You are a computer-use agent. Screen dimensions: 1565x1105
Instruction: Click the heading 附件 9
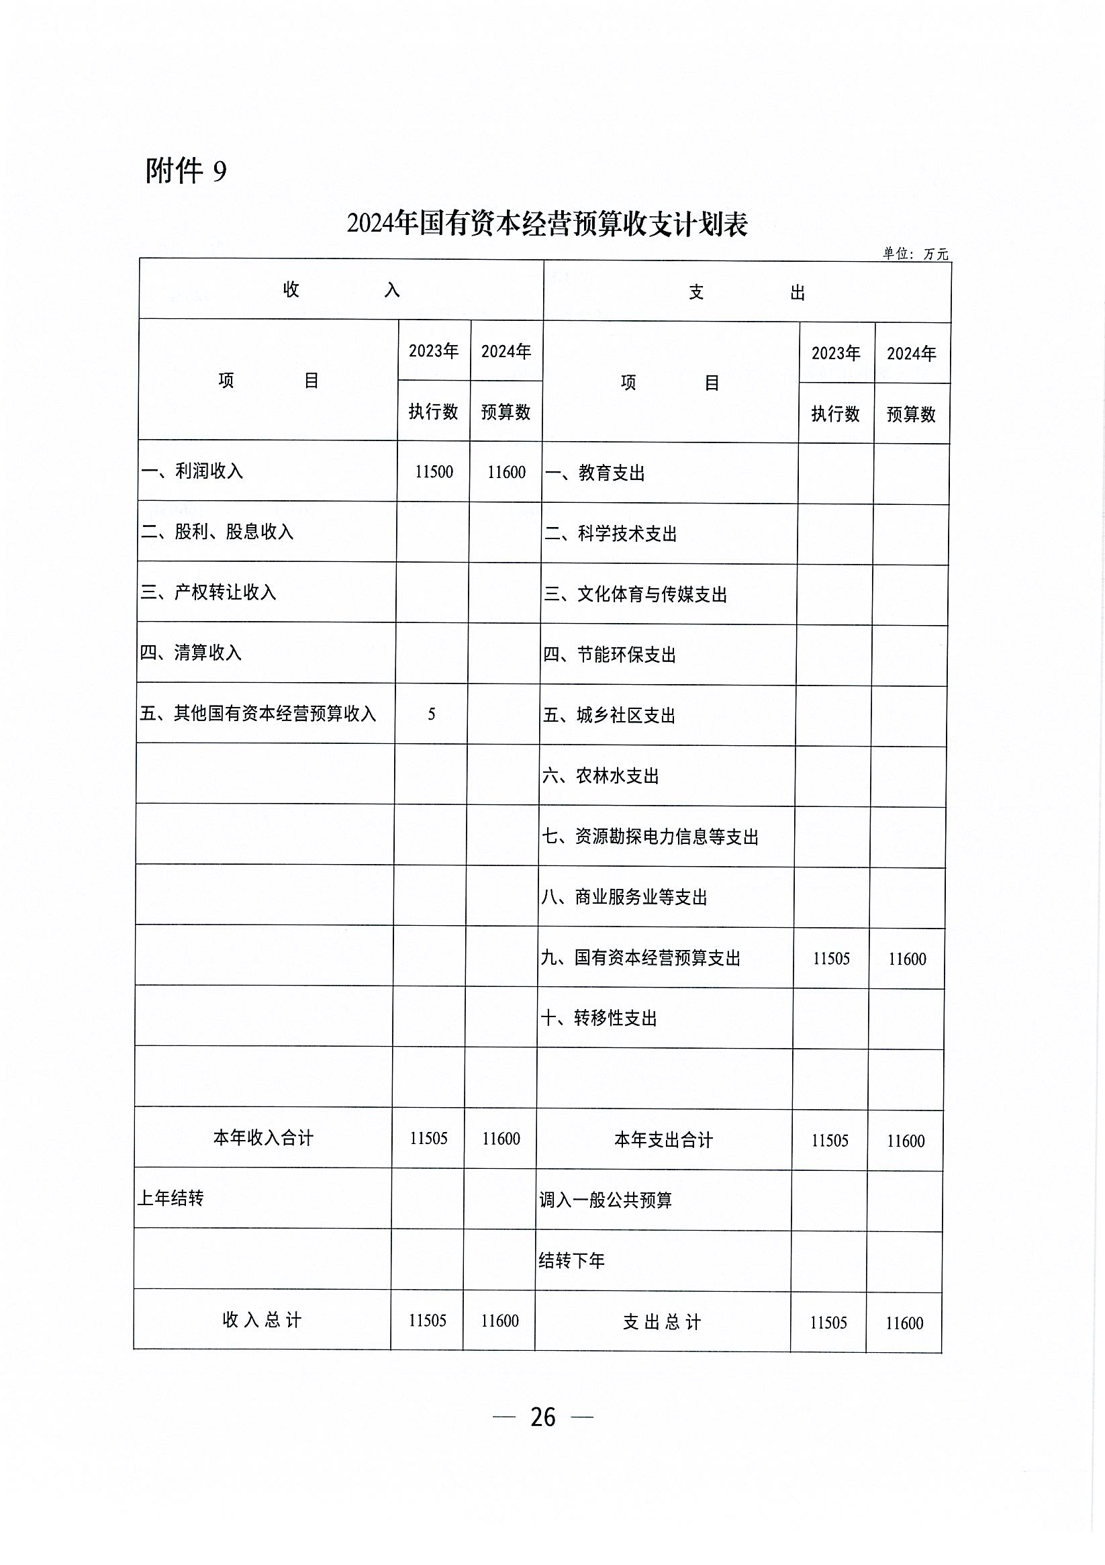click(185, 171)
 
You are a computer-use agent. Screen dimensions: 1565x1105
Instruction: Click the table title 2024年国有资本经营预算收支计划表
click(546, 224)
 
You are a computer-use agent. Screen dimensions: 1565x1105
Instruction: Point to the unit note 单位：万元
click(915, 254)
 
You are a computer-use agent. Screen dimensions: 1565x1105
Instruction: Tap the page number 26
click(542, 1417)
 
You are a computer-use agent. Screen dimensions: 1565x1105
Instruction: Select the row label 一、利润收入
click(192, 471)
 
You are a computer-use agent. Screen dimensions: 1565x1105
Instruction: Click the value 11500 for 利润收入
click(434, 472)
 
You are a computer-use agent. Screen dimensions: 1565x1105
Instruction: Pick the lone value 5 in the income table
click(432, 714)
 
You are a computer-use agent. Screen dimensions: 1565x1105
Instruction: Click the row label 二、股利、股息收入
click(217, 532)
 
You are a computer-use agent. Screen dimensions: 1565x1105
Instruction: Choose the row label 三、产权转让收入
click(208, 592)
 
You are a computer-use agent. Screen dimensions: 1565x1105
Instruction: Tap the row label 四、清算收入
click(191, 653)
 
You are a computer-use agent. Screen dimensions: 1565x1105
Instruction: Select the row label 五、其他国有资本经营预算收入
click(258, 714)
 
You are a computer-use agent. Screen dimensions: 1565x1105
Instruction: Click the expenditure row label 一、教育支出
click(594, 473)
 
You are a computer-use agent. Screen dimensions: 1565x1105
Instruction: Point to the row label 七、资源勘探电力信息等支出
click(650, 837)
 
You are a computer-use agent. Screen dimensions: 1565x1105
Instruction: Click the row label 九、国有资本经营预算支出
click(640, 958)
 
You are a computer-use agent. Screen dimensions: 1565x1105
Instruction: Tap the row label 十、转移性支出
click(599, 1018)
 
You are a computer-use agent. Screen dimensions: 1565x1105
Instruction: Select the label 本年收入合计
click(263, 1137)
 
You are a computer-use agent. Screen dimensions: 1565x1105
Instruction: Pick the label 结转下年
click(571, 1261)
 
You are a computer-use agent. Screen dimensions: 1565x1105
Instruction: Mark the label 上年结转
click(171, 1198)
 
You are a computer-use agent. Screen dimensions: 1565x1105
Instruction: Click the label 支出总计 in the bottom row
click(662, 1323)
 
